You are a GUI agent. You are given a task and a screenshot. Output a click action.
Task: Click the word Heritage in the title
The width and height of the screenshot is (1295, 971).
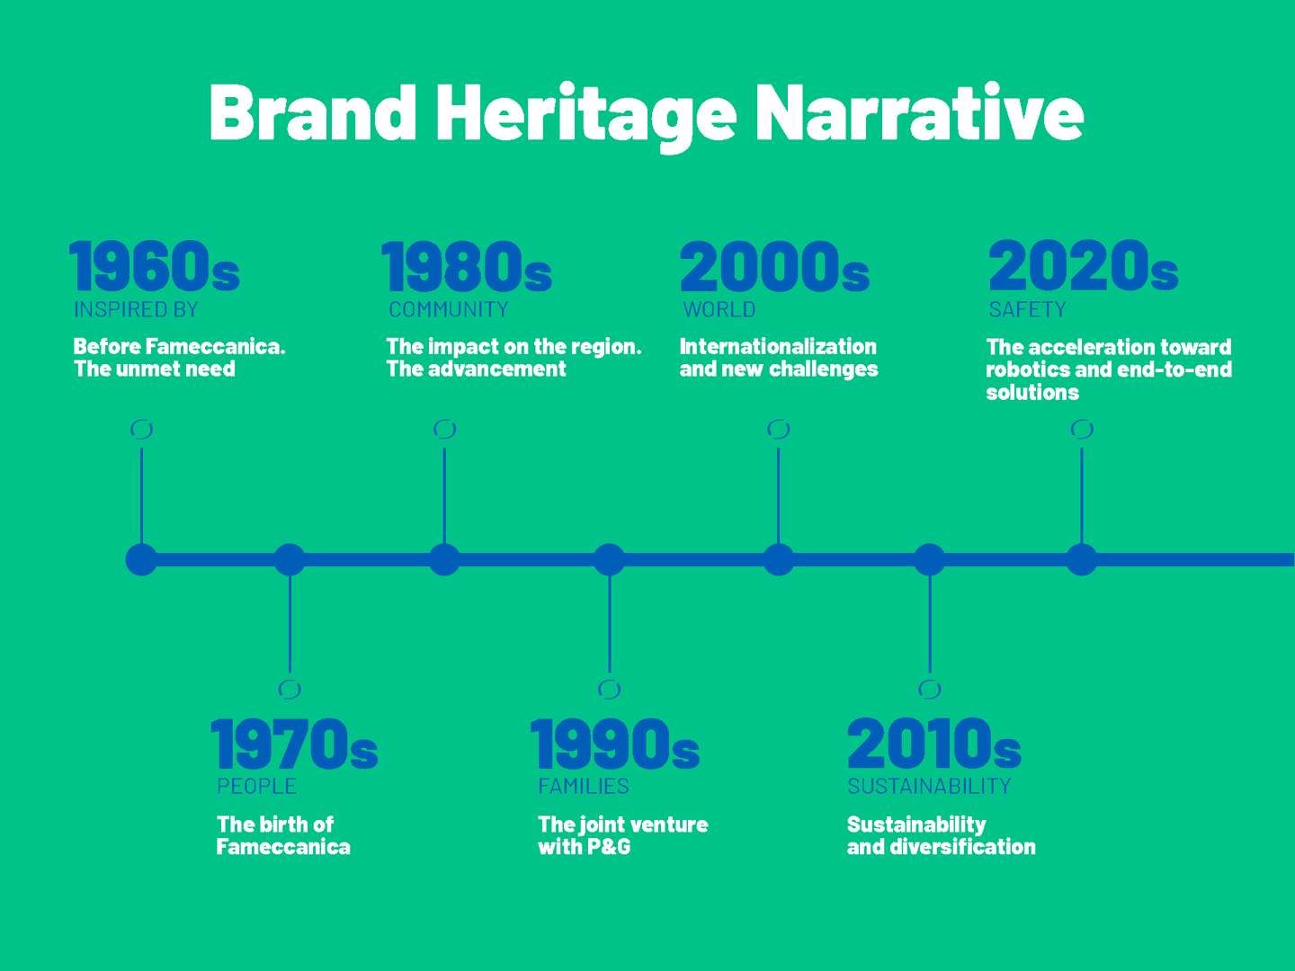[585, 116]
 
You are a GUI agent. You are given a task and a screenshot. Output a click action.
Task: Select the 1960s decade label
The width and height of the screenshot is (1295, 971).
[155, 265]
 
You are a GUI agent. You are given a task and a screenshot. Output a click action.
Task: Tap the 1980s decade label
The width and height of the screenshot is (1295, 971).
[467, 266]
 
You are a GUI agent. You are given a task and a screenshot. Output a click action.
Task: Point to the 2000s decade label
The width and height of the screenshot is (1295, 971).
[774, 266]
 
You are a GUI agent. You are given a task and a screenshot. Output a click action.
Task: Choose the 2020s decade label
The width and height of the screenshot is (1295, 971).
[1083, 265]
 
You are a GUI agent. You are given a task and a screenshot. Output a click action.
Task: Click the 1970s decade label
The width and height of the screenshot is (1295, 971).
[294, 744]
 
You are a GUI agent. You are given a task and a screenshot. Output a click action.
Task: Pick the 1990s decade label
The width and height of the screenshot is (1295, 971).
[615, 744]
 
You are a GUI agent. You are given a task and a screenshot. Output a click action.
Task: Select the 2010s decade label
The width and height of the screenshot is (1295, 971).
[934, 744]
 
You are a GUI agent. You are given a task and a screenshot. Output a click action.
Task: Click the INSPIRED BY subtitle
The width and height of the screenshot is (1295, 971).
[136, 309]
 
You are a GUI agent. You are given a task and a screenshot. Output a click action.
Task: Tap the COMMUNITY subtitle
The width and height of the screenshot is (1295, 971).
[449, 309]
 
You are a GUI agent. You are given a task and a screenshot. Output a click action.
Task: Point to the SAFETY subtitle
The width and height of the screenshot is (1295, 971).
[1027, 309]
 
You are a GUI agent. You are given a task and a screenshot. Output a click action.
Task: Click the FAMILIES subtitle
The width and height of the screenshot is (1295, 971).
[584, 787]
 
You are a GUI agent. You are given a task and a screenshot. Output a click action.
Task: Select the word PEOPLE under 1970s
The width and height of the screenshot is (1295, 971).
[256, 787]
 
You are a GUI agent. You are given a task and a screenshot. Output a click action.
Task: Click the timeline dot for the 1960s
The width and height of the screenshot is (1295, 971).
[141, 559]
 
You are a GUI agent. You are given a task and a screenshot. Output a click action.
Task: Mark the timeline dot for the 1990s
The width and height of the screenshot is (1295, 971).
[610, 559]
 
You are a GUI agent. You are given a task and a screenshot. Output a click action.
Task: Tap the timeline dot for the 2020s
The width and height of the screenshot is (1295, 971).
[1082, 559]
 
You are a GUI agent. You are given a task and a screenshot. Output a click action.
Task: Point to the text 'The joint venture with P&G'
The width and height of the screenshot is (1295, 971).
[623, 835]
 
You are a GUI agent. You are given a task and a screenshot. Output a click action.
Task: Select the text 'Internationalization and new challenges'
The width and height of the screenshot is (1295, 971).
[779, 357]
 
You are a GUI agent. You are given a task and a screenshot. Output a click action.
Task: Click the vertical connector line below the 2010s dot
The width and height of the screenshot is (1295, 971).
[931, 624]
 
